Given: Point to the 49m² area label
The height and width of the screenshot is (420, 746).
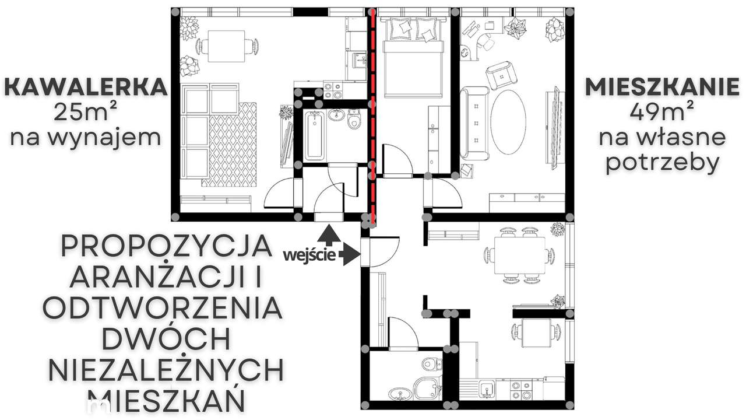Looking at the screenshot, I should (662, 112).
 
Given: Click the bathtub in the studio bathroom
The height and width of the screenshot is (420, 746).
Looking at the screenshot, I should (314, 136).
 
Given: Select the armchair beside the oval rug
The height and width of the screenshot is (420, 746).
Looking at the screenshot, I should (502, 74).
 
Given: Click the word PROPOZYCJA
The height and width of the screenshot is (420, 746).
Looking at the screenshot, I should (166, 246).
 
